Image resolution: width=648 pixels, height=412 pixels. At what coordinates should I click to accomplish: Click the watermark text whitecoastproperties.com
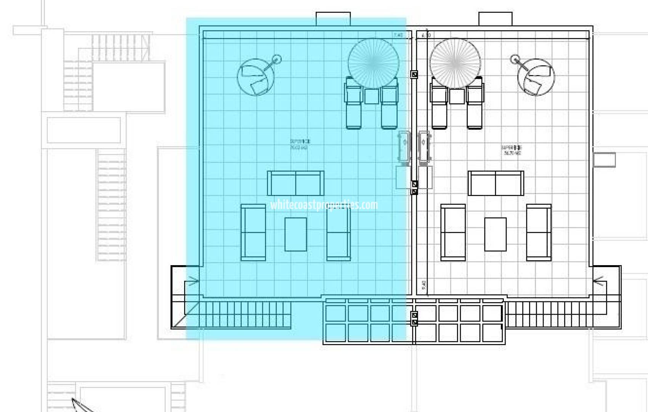point(324,205)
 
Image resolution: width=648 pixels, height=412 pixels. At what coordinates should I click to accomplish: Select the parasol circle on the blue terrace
point(374,63)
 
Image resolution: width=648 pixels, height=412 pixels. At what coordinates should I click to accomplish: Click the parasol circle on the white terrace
point(455,63)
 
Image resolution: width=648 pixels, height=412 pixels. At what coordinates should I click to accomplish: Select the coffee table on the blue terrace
point(295,234)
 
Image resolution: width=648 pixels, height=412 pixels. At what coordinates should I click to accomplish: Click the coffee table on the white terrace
point(495,234)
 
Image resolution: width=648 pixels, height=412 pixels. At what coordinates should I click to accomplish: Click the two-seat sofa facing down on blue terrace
point(296,183)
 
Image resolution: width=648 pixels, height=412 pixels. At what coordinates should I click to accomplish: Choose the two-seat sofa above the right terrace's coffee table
point(496,183)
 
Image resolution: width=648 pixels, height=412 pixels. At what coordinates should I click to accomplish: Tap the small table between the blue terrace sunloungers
point(372,96)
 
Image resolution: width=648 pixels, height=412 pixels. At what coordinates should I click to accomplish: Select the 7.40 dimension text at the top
point(398,35)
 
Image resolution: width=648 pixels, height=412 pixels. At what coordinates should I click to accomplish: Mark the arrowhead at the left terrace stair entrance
point(195,282)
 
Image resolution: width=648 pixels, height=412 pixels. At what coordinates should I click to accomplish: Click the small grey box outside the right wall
point(605,159)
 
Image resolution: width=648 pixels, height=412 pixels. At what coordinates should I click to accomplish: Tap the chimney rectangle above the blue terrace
point(333,19)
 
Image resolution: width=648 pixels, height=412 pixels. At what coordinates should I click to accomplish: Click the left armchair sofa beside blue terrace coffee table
point(253,233)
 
